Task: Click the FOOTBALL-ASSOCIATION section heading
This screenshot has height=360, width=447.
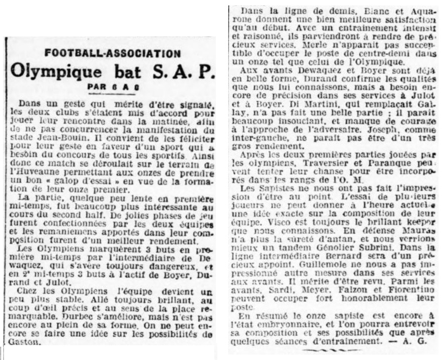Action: (x=112, y=53)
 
